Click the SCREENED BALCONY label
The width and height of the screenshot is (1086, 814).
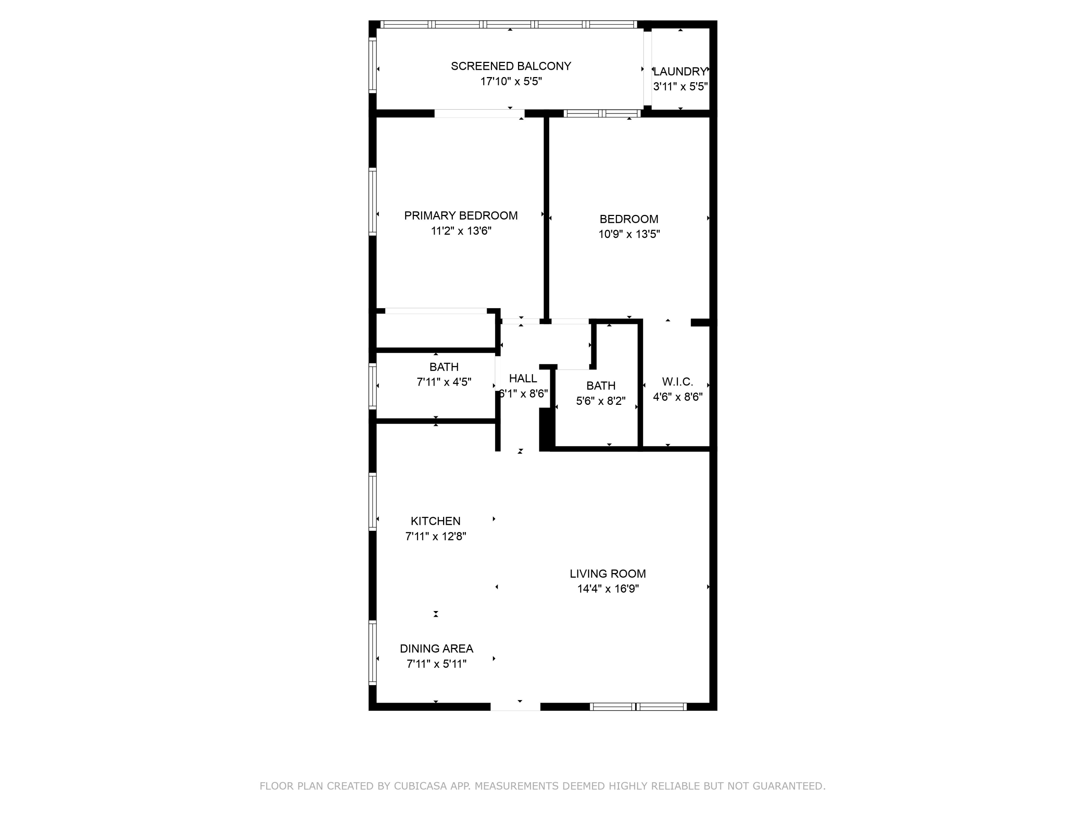click(510, 66)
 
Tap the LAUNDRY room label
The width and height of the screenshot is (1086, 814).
click(680, 72)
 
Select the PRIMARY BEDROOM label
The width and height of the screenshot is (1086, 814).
click(460, 215)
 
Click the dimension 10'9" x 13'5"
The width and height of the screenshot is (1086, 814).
click(629, 234)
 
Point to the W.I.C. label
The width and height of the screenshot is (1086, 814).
click(678, 382)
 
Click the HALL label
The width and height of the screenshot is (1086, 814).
click(523, 378)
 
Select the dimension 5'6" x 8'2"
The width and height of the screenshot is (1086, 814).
click(601, 401)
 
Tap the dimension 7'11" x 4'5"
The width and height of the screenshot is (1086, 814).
click(444, 382)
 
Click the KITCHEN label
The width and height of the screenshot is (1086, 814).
click(435, 521)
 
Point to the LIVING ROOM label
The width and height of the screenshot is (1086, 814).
click(608, 573)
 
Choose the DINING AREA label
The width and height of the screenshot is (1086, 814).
click(437, 649)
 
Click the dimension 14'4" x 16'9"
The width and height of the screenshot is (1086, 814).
click(608, 589)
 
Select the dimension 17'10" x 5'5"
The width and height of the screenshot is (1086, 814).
click(510, 81)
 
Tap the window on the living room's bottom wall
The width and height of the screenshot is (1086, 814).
click(638, 707)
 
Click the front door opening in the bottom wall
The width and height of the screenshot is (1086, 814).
click(515, 707)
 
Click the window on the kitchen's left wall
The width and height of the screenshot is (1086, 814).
click(372, 501)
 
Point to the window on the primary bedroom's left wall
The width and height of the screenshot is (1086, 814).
click(372, 201)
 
